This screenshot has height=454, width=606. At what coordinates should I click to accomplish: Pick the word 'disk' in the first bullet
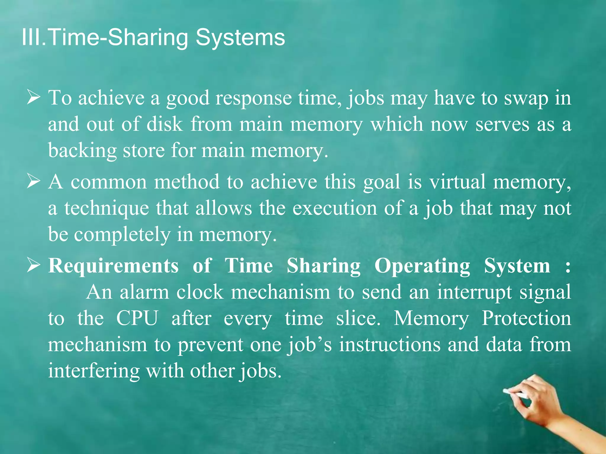tap(165, 124)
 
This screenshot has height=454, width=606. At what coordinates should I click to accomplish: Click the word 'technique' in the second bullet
tap(107, 208)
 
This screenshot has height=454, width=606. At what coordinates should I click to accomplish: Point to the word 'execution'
tap(335, 208)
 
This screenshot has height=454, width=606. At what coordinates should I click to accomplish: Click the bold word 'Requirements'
tap(113, 265)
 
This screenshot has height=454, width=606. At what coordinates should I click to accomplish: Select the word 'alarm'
tap(144, 292)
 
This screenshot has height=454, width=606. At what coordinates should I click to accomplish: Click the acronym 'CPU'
tap(137, 318)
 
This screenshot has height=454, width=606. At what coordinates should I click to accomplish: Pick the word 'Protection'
tap(526, 318)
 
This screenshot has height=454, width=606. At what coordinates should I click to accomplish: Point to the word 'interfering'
tap(94, 371)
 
